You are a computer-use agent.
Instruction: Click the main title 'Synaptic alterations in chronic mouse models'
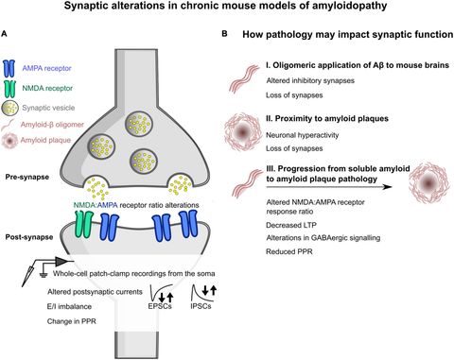click(227, 9)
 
